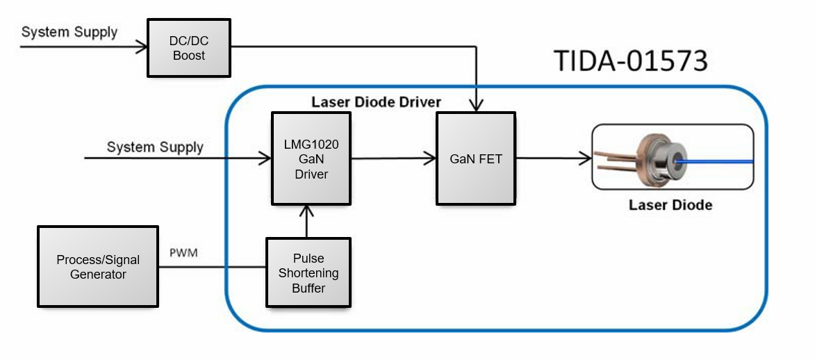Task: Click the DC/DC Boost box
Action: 188,48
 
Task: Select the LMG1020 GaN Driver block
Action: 311,160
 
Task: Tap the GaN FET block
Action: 475,158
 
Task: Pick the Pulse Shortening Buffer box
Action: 308,272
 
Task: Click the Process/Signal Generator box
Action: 98,267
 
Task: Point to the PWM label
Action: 183,253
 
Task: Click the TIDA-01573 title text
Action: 630,61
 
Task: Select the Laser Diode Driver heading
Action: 376,102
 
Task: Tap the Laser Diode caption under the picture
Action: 670,205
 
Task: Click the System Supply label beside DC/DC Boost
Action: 69,32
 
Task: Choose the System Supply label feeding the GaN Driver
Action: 155,147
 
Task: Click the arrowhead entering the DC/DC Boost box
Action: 142,47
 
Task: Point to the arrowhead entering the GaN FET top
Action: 476,106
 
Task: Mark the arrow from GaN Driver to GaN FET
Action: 393,159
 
